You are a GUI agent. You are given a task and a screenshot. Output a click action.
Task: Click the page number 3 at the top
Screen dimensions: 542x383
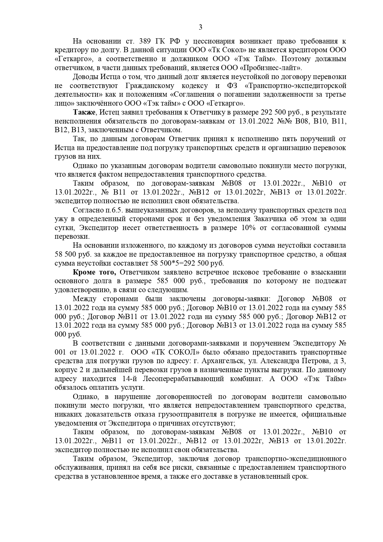[x=200, y=27]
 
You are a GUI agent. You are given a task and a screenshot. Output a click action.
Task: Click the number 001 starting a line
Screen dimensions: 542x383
[x=61, y=352]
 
